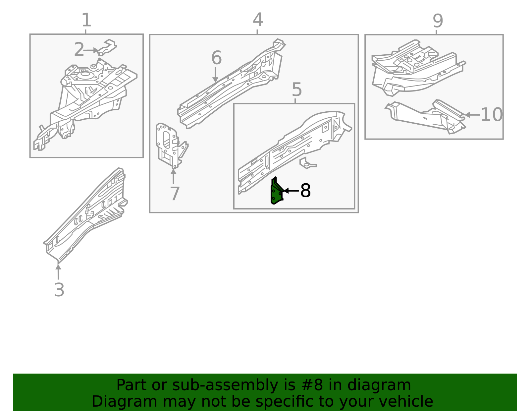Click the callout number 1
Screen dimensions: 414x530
tap(86, 20)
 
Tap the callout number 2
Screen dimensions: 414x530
tap(79, 50)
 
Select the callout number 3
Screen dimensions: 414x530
tap(59, 290)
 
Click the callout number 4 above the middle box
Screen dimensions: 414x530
tap(258, 20)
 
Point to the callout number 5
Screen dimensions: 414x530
tap(297, 90)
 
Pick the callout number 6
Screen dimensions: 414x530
tap(216, 58)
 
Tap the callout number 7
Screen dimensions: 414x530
tap(175, 194)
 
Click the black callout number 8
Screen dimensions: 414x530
tap(305, 191)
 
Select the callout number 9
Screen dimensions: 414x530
tap(438, 21)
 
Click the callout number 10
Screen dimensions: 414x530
tap(491, 115)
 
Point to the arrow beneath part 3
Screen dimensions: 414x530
tap(58, 271)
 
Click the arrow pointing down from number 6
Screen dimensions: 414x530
tap(215, 75)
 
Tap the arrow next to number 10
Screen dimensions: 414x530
tap(472, 115)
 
